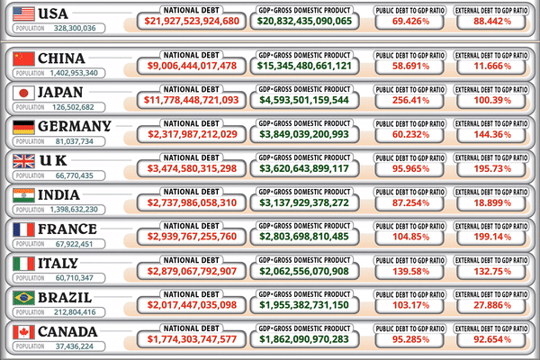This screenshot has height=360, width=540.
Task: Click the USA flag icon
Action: click(24, 13)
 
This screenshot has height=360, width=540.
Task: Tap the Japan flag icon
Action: click(24, 92)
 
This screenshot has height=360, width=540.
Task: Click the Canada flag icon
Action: click(24, 333)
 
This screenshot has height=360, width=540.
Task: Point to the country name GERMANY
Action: click(75, 126)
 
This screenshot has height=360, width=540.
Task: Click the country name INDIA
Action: click(62, 195)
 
